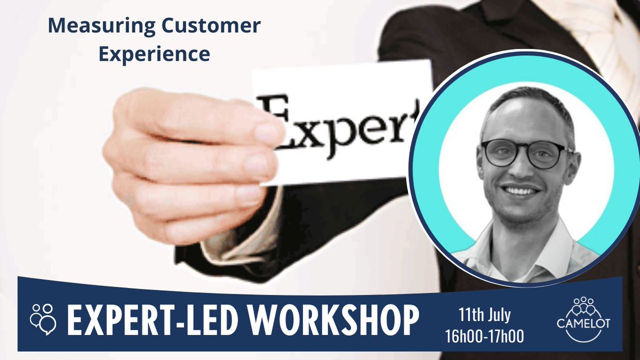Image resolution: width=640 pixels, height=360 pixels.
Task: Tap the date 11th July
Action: [x=485, y=315]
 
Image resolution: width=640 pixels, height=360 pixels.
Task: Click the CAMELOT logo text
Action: [x=583, y=324]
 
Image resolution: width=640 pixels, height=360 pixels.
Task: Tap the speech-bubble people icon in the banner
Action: [x=43, y=318]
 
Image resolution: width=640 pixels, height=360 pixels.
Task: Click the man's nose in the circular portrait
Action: [x=521, y=168]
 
